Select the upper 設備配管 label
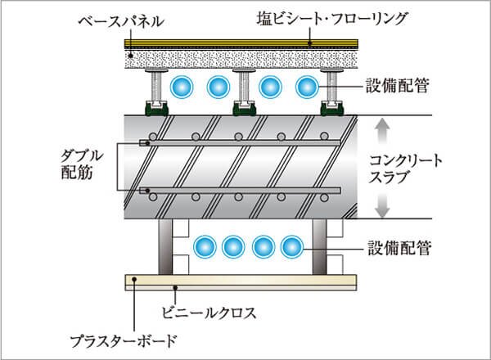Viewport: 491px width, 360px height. [x=399, y=83]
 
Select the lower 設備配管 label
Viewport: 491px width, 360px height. [x=399, y=245]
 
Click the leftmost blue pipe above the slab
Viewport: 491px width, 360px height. [x=179, y=86]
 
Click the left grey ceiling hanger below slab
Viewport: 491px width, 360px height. [x=164, y=245]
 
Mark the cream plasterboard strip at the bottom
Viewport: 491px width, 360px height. [x=245, y=282]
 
